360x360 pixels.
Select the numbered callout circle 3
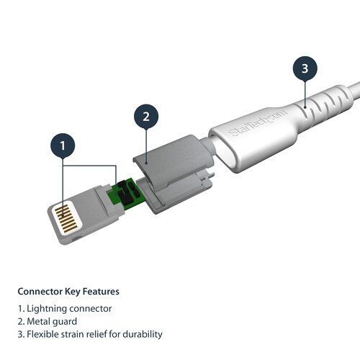[x=304, y=69]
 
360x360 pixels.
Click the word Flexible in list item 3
[x=42, y=334]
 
